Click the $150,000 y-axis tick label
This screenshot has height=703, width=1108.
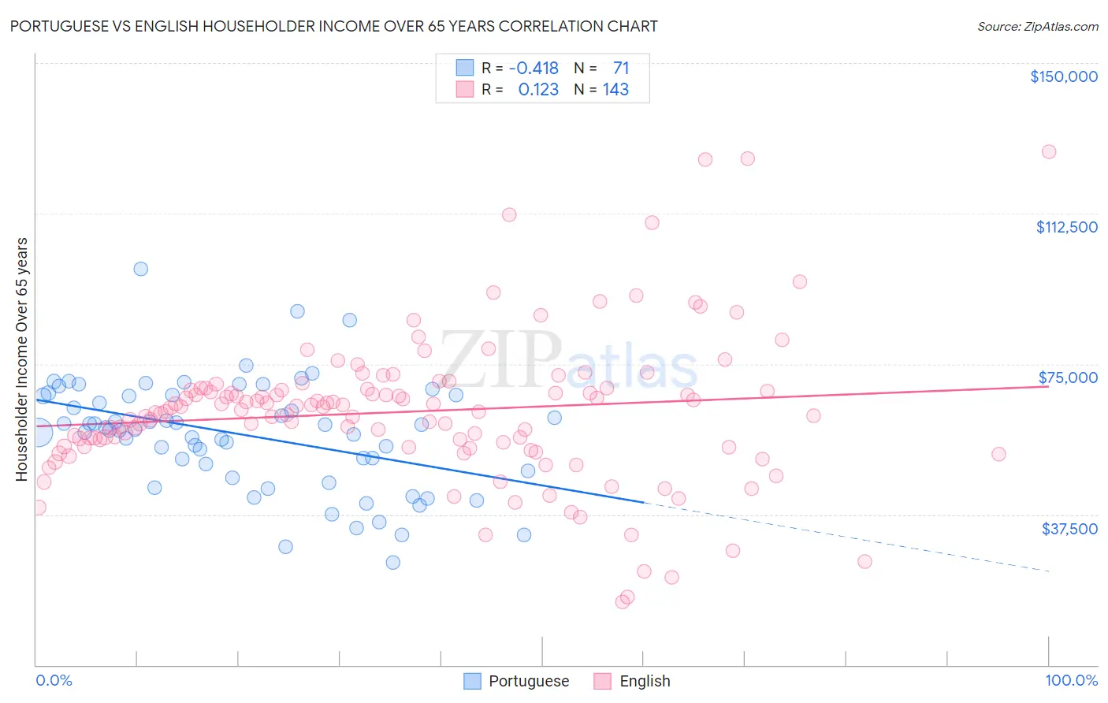click(1063, 76)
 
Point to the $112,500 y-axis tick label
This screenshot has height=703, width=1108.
click(1066, 227)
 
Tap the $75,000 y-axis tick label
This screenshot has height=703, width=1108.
click(1068, 378)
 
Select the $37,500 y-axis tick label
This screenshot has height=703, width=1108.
click(1069, 529)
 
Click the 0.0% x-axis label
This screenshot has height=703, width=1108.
click(54, 681)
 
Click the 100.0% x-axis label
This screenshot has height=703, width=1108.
click(1071, 681)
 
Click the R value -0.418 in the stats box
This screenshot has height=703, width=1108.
click(534, 69)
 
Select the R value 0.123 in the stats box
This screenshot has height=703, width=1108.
click(538, 90)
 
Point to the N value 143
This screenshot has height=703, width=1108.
click(615, 90)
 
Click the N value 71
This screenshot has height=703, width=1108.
click(621, 69)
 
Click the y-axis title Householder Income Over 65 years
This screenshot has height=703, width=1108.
click(22, 359)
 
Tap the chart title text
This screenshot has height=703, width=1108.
click(333, 26)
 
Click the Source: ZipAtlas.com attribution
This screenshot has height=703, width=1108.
click(1037, 27)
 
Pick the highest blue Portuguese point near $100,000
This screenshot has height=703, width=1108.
click(140, 269)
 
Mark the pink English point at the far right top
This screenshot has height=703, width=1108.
click(1048, 152)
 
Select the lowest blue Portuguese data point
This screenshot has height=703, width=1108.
click(392, 563)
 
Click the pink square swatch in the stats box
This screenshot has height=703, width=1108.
click(465, 90)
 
